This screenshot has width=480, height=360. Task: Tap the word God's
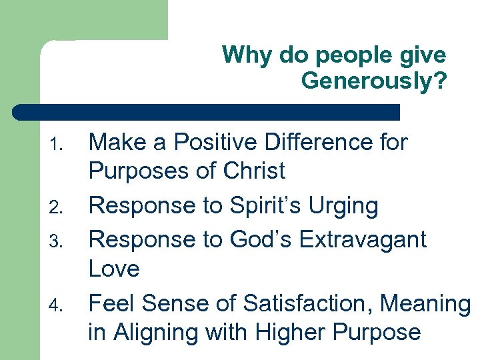pos(255,239)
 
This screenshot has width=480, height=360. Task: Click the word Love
pos(114,269)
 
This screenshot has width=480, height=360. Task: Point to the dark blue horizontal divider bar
pos(207,112)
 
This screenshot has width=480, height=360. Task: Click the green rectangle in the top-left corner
pos(83,20)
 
